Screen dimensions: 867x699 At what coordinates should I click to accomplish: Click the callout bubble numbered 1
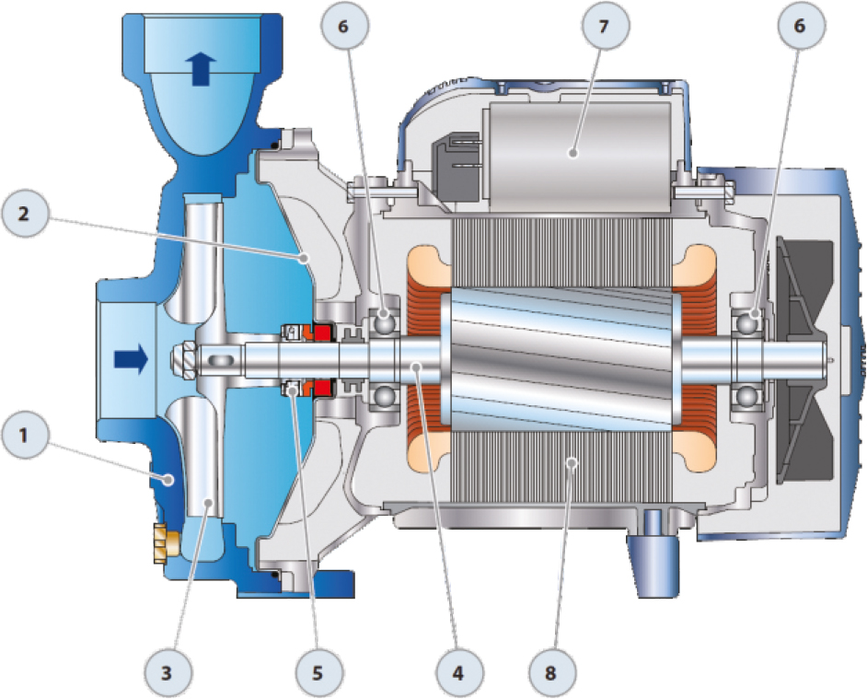(x=24, y=436)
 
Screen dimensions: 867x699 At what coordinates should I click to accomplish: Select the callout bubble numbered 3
(x=167, y=673)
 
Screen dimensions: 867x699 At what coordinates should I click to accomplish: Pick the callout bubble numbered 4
(x=458, y=673)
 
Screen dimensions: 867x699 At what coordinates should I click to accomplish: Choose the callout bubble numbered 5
(x=318, y=673)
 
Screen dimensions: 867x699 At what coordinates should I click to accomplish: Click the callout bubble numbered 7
(x=605, y=26)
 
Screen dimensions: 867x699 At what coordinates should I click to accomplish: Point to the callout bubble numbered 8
(x=550, y=673)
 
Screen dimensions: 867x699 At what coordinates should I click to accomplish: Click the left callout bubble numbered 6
(x=344, y=26)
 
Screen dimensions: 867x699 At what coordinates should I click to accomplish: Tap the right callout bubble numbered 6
(x=800, y=26)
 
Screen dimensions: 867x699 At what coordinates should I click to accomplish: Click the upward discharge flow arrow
(x=202, y=69)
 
